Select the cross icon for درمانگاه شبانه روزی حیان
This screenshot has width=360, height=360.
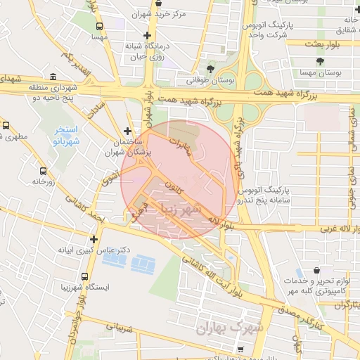pos(147,36)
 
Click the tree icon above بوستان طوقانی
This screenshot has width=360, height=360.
pos(210,68)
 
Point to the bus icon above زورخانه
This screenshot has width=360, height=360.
pos(43,170)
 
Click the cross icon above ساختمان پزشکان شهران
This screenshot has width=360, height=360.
pos(127,130)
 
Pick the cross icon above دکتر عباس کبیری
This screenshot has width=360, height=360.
pos(94,239)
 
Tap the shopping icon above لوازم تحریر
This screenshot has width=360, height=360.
pos(317,270)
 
